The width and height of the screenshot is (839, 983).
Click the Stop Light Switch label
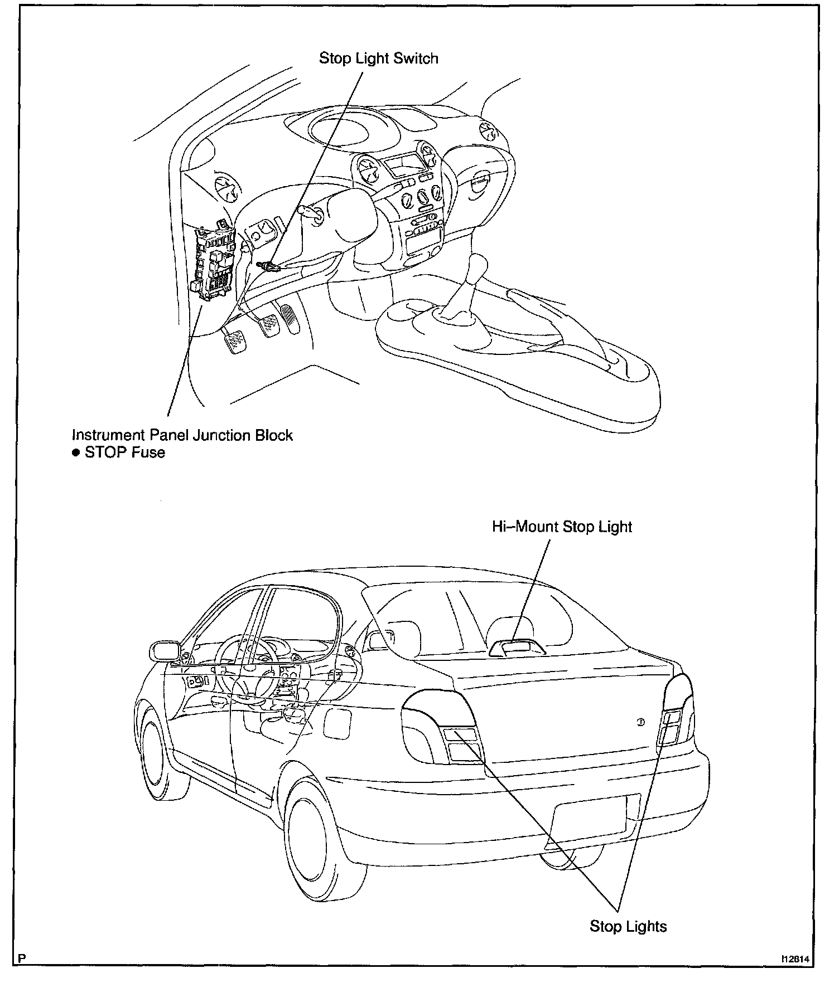click(x=378, y=59)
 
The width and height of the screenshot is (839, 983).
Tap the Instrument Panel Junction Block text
click(x=182, y=435)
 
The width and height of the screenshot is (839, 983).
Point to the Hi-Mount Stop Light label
click(x=562, y=527)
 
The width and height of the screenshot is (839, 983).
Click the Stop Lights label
click(x=628, y=926)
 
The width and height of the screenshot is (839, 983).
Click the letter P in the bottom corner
click(x=22, y=959)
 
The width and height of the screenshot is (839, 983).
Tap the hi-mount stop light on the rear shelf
click(x=517, y=648)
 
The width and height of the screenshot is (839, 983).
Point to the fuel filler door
click(x=336, y=724)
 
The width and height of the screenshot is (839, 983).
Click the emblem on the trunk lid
click(x=640, y=722)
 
